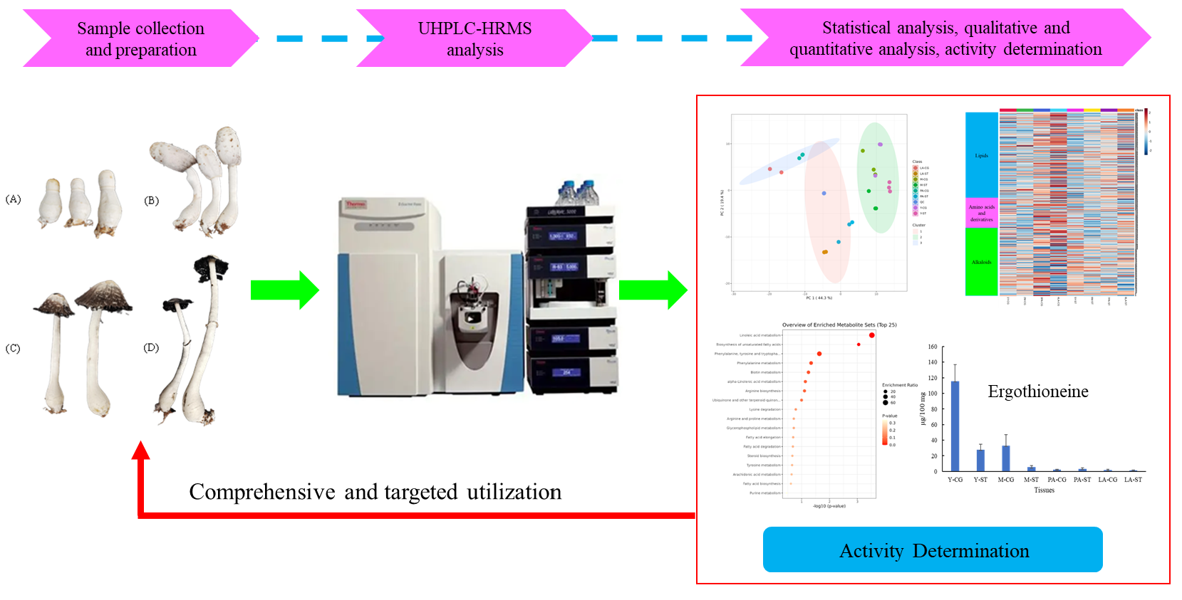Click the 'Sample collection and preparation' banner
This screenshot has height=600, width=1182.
point(140,38)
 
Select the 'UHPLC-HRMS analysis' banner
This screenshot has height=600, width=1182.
point(475,38)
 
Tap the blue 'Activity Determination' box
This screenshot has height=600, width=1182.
point(933,550)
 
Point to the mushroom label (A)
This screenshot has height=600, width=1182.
point(13,199)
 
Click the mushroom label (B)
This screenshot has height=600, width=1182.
point(151,201)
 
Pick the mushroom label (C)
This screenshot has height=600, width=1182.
point(13,349)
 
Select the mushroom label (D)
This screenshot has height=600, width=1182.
point(151,348)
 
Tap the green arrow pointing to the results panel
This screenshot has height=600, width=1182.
point(652,290)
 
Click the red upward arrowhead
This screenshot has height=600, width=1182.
point(141,451)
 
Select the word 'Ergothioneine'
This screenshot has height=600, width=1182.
point(1037,391)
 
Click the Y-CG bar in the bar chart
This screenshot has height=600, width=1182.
point(955,426)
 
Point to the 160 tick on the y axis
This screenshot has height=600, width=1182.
point(933,347)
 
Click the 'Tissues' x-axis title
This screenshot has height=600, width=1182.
point(1044,490)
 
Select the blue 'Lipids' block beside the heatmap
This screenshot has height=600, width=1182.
point(981,155)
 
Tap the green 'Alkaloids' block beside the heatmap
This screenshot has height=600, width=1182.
point(981,262)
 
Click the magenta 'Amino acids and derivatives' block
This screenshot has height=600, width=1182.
point(981,213)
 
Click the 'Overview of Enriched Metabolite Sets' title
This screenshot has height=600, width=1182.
point(839,325)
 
